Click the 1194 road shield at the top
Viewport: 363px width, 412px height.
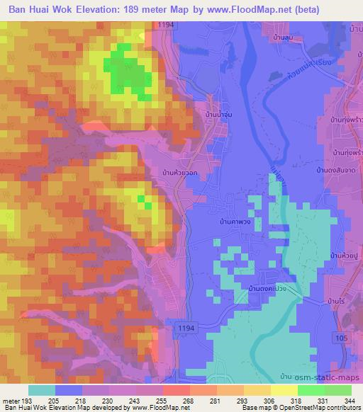(166, 25)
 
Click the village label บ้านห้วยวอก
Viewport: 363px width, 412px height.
(179, 172)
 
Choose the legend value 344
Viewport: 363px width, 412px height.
(350, 400)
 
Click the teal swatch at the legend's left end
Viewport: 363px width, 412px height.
(42, 390)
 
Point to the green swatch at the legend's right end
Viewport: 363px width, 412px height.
(337, 390)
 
